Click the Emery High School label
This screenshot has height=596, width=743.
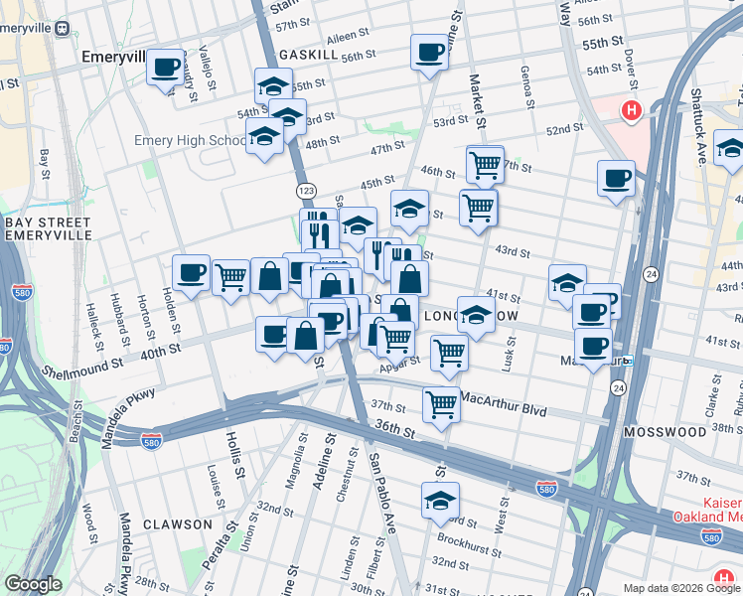pos(190,141)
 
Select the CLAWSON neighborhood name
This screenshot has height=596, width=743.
pos(177,523)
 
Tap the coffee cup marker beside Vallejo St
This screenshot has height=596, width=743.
pos(165,69)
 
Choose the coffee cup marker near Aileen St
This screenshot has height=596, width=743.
pos(429,53)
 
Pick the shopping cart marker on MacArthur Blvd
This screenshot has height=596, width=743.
pos(440,403)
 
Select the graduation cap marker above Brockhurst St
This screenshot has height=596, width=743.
pos(439,502)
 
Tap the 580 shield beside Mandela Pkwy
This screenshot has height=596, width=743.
pos(151,438)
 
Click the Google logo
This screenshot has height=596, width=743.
pos(33,584)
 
